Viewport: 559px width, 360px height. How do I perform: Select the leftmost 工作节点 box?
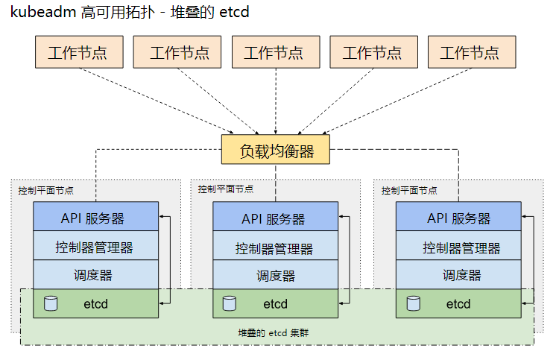tap(78, 53)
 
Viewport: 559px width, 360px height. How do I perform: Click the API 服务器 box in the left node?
tap(96, 218)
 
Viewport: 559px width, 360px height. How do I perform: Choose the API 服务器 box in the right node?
tap(458, 218)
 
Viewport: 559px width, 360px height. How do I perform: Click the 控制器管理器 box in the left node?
tap(96, 247)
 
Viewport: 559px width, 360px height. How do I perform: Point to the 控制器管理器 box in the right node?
tap(458, 247)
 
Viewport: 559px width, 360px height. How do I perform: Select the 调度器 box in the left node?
tap(96, 275)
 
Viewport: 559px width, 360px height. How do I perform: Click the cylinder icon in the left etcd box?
tap(51, 303)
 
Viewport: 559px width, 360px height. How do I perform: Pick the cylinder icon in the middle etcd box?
tap(230, 303)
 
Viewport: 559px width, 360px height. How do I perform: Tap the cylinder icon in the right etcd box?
tap(413, 303)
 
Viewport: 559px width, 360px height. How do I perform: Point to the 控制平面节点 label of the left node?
tap(46, 190)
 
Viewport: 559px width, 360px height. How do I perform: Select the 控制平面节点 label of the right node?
tap(409, 190)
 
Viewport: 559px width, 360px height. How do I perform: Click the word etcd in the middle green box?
tap(275, 304)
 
